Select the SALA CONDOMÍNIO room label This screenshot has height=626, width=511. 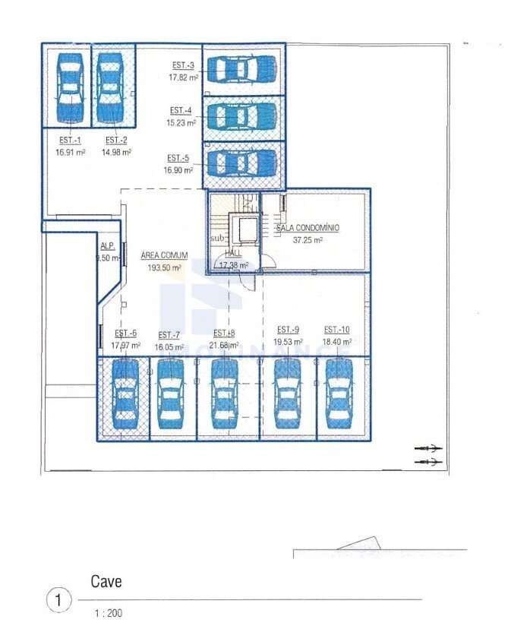click(x=308, y=228)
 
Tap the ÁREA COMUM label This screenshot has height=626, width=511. click(x=164, y=256)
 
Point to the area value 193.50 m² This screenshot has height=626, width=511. click(x=164, y=267)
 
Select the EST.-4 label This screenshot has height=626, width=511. click(x=181, y=110)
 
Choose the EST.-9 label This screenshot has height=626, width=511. click(x=288, y=330)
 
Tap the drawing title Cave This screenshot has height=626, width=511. click(x=106, y=582)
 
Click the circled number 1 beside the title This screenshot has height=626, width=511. click(x=59, y=600)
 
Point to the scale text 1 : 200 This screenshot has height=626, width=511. click(x=107, y=613)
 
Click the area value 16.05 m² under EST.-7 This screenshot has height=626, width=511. click(x=169, y=346)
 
